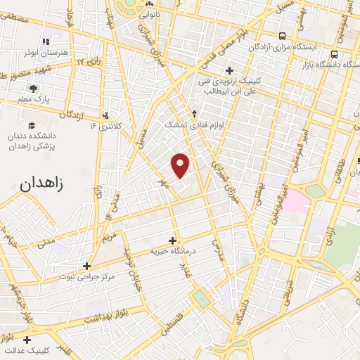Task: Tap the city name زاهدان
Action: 41,184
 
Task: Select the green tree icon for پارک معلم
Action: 32,89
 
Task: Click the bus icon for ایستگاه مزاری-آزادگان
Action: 282,37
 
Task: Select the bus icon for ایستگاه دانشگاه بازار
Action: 335,54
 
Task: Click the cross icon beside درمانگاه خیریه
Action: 172,240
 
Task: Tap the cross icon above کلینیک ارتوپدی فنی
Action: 229,70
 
